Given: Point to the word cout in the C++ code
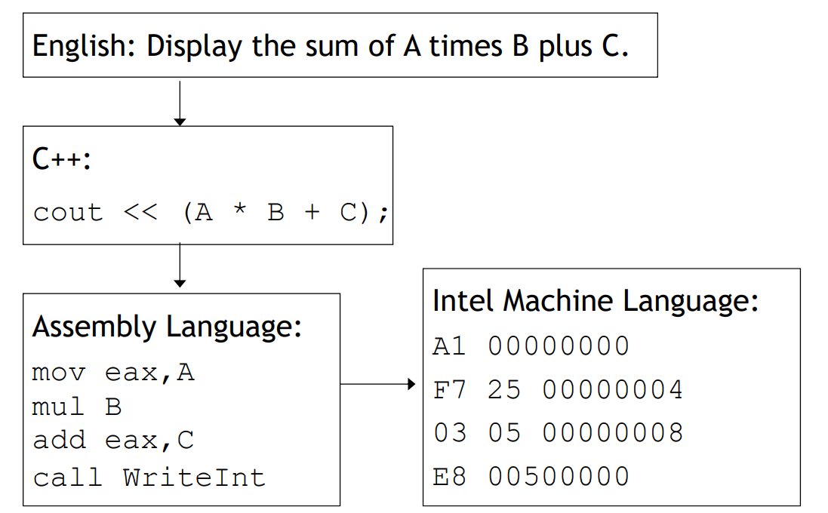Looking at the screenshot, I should click(67, 213).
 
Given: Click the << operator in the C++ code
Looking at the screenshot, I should click(140, 213).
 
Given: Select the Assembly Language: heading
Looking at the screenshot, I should click(167, 327).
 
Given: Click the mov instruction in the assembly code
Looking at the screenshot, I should click(59, 373).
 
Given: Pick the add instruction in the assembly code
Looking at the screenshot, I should click(59, 441).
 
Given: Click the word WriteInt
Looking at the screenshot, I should click(194, 477).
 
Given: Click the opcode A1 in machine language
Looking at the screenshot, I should click(449, 346).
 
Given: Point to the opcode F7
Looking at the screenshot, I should click(449, 390).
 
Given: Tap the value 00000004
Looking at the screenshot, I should click(612, 390).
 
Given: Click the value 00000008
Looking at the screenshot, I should click(612, 433).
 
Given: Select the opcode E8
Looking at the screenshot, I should click(449, 477).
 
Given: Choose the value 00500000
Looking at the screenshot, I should click(559, 477).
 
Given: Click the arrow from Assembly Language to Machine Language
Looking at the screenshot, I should click(377, 385).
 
